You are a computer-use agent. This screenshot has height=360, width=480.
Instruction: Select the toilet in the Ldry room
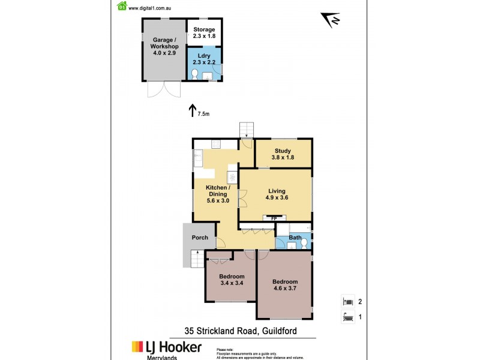194,74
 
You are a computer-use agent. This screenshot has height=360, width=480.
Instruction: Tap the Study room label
283,151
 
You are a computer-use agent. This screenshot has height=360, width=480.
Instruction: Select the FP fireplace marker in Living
274,218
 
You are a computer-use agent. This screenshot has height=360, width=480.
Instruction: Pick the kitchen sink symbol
197,157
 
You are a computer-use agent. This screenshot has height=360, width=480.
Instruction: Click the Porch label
200,238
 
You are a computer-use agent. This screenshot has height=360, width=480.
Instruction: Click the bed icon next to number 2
347,302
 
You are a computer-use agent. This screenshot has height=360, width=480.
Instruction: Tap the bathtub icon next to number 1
347,317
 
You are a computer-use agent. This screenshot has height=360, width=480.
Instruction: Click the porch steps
195,259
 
